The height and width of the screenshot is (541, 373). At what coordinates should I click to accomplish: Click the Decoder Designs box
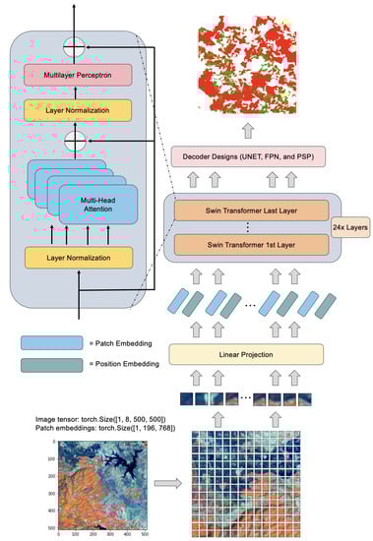tap(256, 156)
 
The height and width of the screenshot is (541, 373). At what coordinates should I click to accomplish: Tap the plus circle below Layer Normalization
tap(72, 142)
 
